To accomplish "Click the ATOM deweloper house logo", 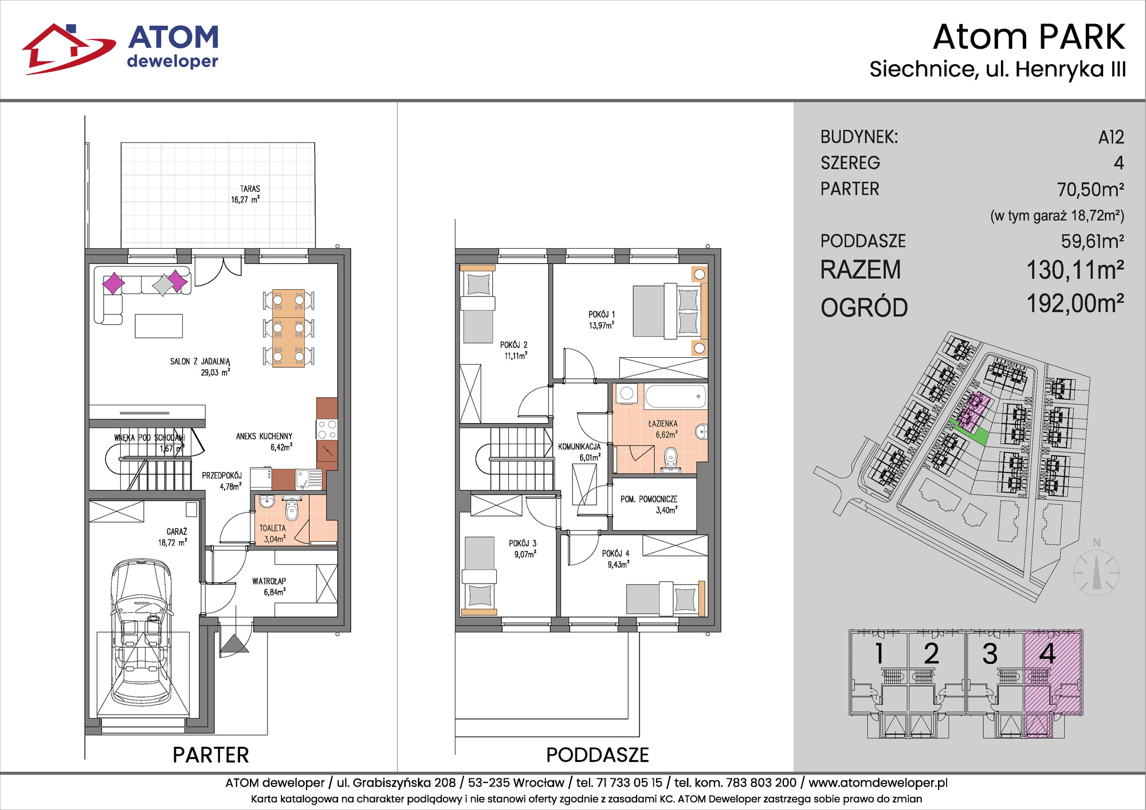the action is click(x=69, y=49).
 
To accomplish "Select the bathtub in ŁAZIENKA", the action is click(x=676, y=396).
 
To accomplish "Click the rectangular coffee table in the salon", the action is click(x=159, y=326).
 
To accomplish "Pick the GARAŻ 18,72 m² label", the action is click(x=173, y=537).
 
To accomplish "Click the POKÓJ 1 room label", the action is click(x=602, y=320).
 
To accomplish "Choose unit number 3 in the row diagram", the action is click(x=990, y=654).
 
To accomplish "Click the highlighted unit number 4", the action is click(x=1047, y=654).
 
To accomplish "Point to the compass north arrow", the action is click(x=1097, y=573).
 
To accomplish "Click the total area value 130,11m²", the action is click(x=1075, y=270).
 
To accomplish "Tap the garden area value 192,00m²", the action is click(x=1075, y=304).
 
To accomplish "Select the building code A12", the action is click(x=1111, y=138).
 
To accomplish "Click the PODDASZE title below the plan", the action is click(x=597, y=755).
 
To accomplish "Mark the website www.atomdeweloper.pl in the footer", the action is click(x=878, y=782).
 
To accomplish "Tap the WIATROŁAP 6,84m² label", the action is click(x=269, y=586).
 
